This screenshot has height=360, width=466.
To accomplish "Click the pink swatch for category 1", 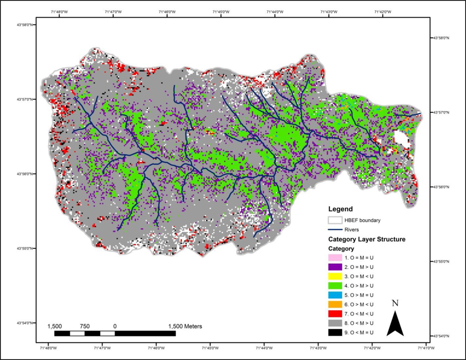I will (x=336, y=257).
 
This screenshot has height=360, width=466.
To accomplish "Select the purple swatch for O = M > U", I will (x=336, y=268).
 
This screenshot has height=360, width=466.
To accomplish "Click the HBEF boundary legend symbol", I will (x=336, y=219).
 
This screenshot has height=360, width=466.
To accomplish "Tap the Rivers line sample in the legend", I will (x=336, y=229).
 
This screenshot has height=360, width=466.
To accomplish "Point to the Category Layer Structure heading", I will (x=366, y=239).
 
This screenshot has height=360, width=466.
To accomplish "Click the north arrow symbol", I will (x=395, y=324).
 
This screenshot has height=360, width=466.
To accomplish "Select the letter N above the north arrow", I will (x=395, y=304).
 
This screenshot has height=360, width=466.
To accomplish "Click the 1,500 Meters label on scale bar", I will (x=185, y=326).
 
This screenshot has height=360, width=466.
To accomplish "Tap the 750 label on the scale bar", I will (x=85, y=326).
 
